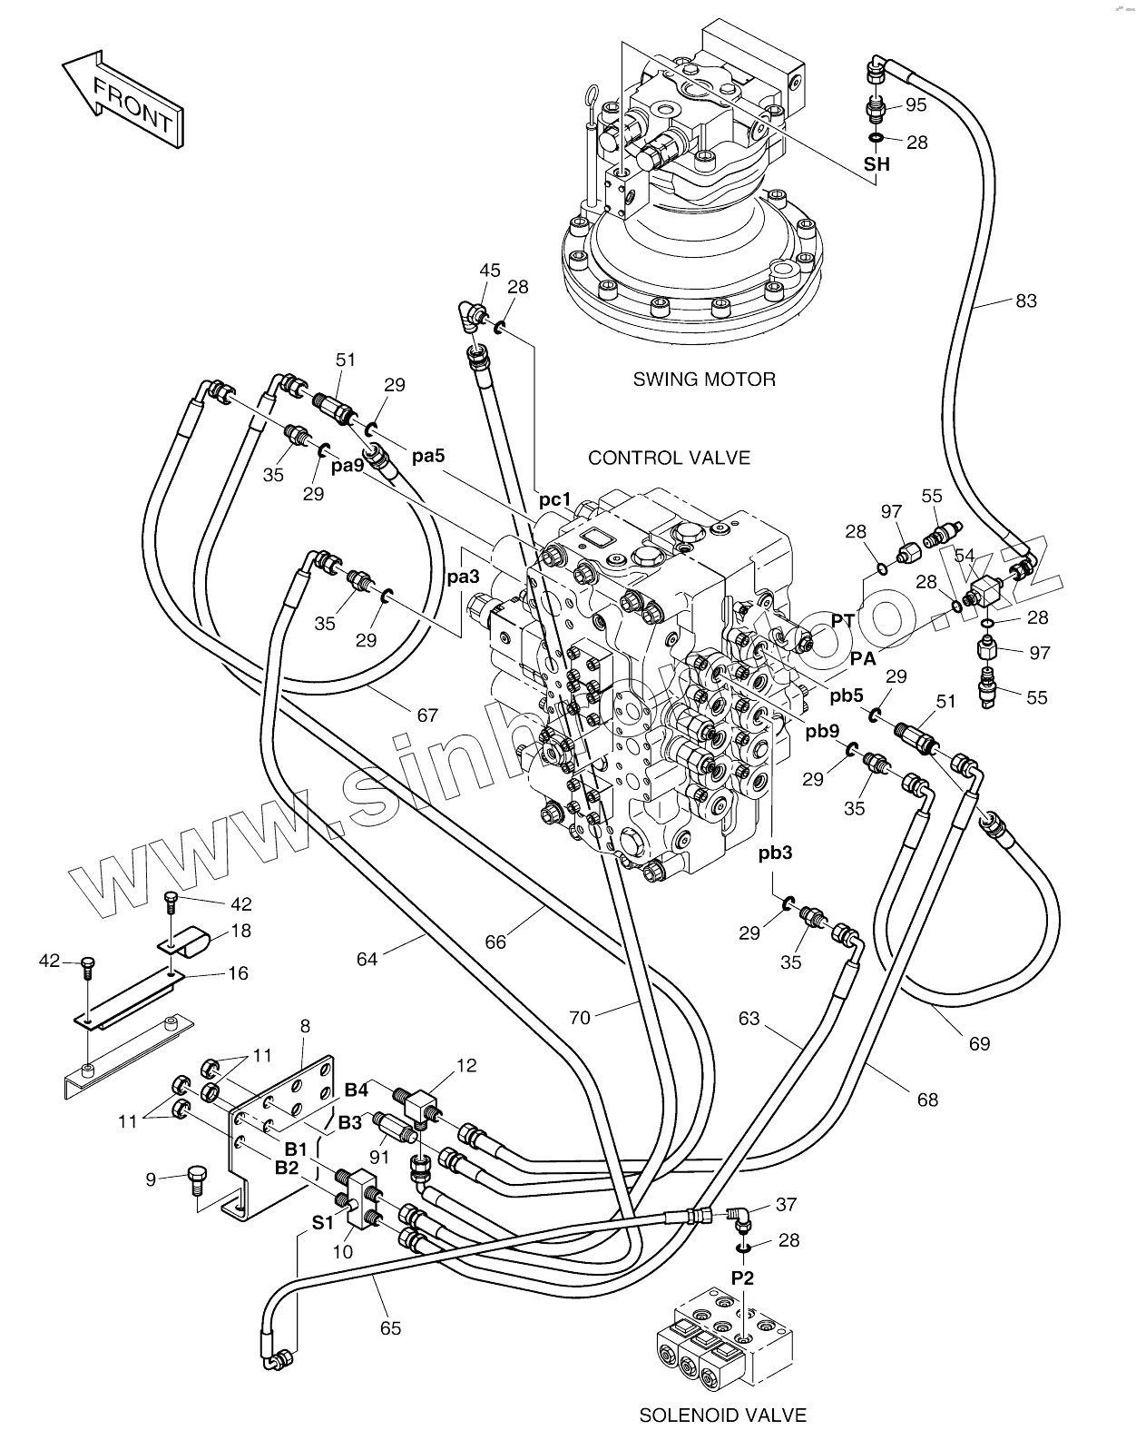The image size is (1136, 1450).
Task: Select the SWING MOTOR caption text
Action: pyautogui.click(x=704, y=379)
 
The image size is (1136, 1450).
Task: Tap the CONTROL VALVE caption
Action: pyautogui.click(x=669, y=458)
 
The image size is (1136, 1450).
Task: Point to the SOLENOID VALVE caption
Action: pyautogui.click(x=722, y=1415)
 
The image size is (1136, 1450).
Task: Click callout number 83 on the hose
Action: pyautogui.click(x=1025, y=301)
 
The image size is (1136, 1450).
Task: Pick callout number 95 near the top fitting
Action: pyautogui.click(x=916, y=105)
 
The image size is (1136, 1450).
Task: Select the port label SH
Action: pyautogui.click(x=876, y=165)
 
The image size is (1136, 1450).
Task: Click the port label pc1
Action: pyautogui.click(x=555, y=499)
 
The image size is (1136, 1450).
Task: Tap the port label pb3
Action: pyautogui.click(x=776, y=853)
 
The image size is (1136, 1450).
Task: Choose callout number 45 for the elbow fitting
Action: pyautogui.click(x=490, y=270)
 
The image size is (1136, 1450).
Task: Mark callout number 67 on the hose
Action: pyautogui.click(x=427, y=715)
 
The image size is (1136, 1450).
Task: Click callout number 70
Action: pyautogui.click(x=579, y=1018)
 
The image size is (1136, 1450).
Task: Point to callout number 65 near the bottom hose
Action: pyautogui.click(x=390, y=1328)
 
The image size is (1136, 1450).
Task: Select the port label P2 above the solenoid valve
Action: pyautogui.click(x=743, y=1277)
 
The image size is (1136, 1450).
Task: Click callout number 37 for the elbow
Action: pyautogui.click(x=786, y=1204)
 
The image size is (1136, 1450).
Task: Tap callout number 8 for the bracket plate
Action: pyautogui.click(x=305, y=1026)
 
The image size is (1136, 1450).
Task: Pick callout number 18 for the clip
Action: pyautogui.click(x=240, y=931)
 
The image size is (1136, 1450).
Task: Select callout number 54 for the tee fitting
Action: pyautogui.click(x=965, y=555)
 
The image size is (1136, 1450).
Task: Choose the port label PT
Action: pyautogui.click(x=843, y=620)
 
